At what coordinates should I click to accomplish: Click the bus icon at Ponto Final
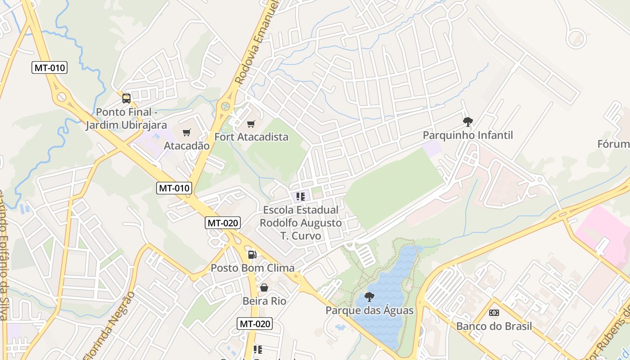126,98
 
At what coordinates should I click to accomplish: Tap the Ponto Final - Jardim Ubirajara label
126,118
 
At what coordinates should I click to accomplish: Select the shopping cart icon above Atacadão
187,132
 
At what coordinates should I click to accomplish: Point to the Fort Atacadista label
251,137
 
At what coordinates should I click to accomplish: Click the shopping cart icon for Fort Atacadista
251,124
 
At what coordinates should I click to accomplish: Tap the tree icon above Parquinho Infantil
468,121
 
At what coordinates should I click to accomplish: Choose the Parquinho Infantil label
468,135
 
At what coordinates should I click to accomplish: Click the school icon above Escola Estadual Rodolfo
301,197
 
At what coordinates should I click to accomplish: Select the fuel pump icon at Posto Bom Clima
252,255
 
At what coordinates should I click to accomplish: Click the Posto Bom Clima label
252,268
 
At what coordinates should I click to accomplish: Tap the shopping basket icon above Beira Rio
264,288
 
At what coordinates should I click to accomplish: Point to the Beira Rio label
264,301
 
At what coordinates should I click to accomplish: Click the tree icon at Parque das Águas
369,297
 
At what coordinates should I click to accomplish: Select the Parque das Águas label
369,310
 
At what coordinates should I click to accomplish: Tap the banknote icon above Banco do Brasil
494,313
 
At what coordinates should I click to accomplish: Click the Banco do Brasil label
494,326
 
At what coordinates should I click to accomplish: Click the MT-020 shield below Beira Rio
255,324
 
